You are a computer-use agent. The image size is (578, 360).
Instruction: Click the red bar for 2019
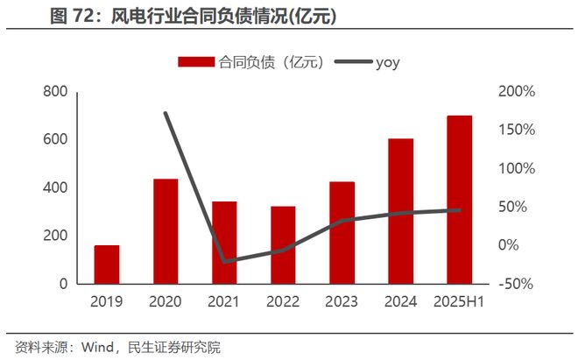coord(107,265)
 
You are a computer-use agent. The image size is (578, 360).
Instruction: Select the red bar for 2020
coord(166,231)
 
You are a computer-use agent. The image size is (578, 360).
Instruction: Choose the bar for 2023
coord(342,233)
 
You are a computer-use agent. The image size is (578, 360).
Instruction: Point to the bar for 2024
coord(401,211)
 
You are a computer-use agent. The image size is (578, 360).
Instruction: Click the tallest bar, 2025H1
coord(460,200)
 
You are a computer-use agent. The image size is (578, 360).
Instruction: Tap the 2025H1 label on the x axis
coord(460,302)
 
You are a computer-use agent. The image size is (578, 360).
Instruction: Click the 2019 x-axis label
coord(107,302)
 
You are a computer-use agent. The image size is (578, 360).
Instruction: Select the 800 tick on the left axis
coord(54,92)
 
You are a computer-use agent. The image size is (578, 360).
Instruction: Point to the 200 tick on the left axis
coord(54,236)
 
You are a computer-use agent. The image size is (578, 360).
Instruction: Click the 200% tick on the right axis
coord(516,92)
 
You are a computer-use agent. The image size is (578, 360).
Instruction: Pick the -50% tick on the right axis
coord(516,285)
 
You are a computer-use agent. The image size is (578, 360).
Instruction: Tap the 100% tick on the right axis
coord(516,169)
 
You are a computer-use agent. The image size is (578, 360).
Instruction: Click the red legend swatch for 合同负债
coord(195,62)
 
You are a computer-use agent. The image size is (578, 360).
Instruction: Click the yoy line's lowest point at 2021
coord(224,261)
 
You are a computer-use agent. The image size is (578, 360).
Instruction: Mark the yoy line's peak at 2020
coord(166,113)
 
